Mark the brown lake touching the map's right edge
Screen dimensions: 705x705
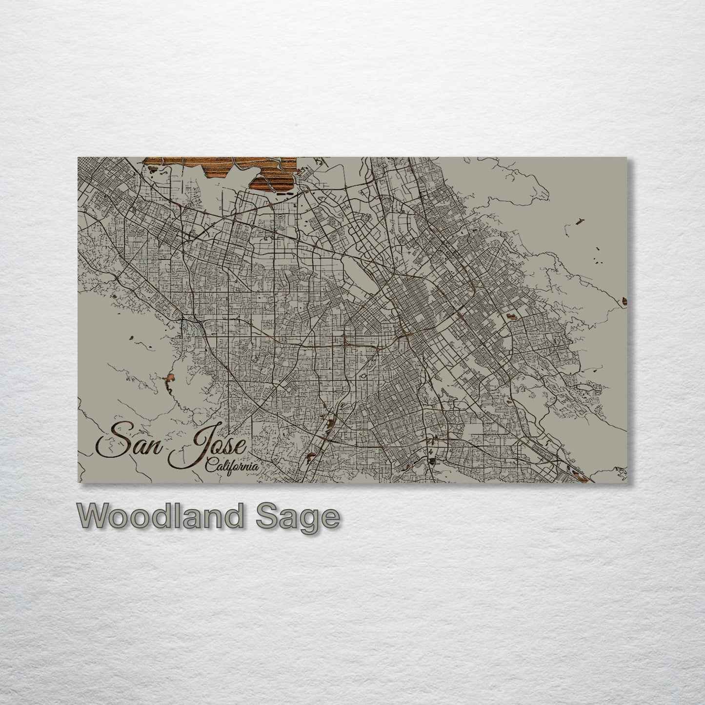(x=624, y=303)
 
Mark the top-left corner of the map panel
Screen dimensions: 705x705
(x=78, y=158)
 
